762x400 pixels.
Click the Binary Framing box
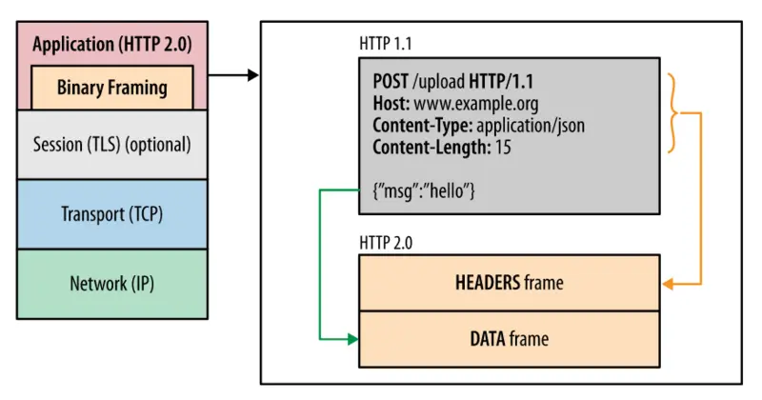point(112,88)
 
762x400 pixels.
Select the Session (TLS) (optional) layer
point(112,145)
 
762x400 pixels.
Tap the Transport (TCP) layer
point(112,213)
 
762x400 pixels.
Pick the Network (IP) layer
point(112,283)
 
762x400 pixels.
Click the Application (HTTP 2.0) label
point(112,45)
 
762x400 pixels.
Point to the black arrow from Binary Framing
point(233,74)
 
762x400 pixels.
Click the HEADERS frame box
point(509,283)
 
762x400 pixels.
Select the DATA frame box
point(509,338)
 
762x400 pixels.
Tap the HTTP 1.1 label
point(386,43)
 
